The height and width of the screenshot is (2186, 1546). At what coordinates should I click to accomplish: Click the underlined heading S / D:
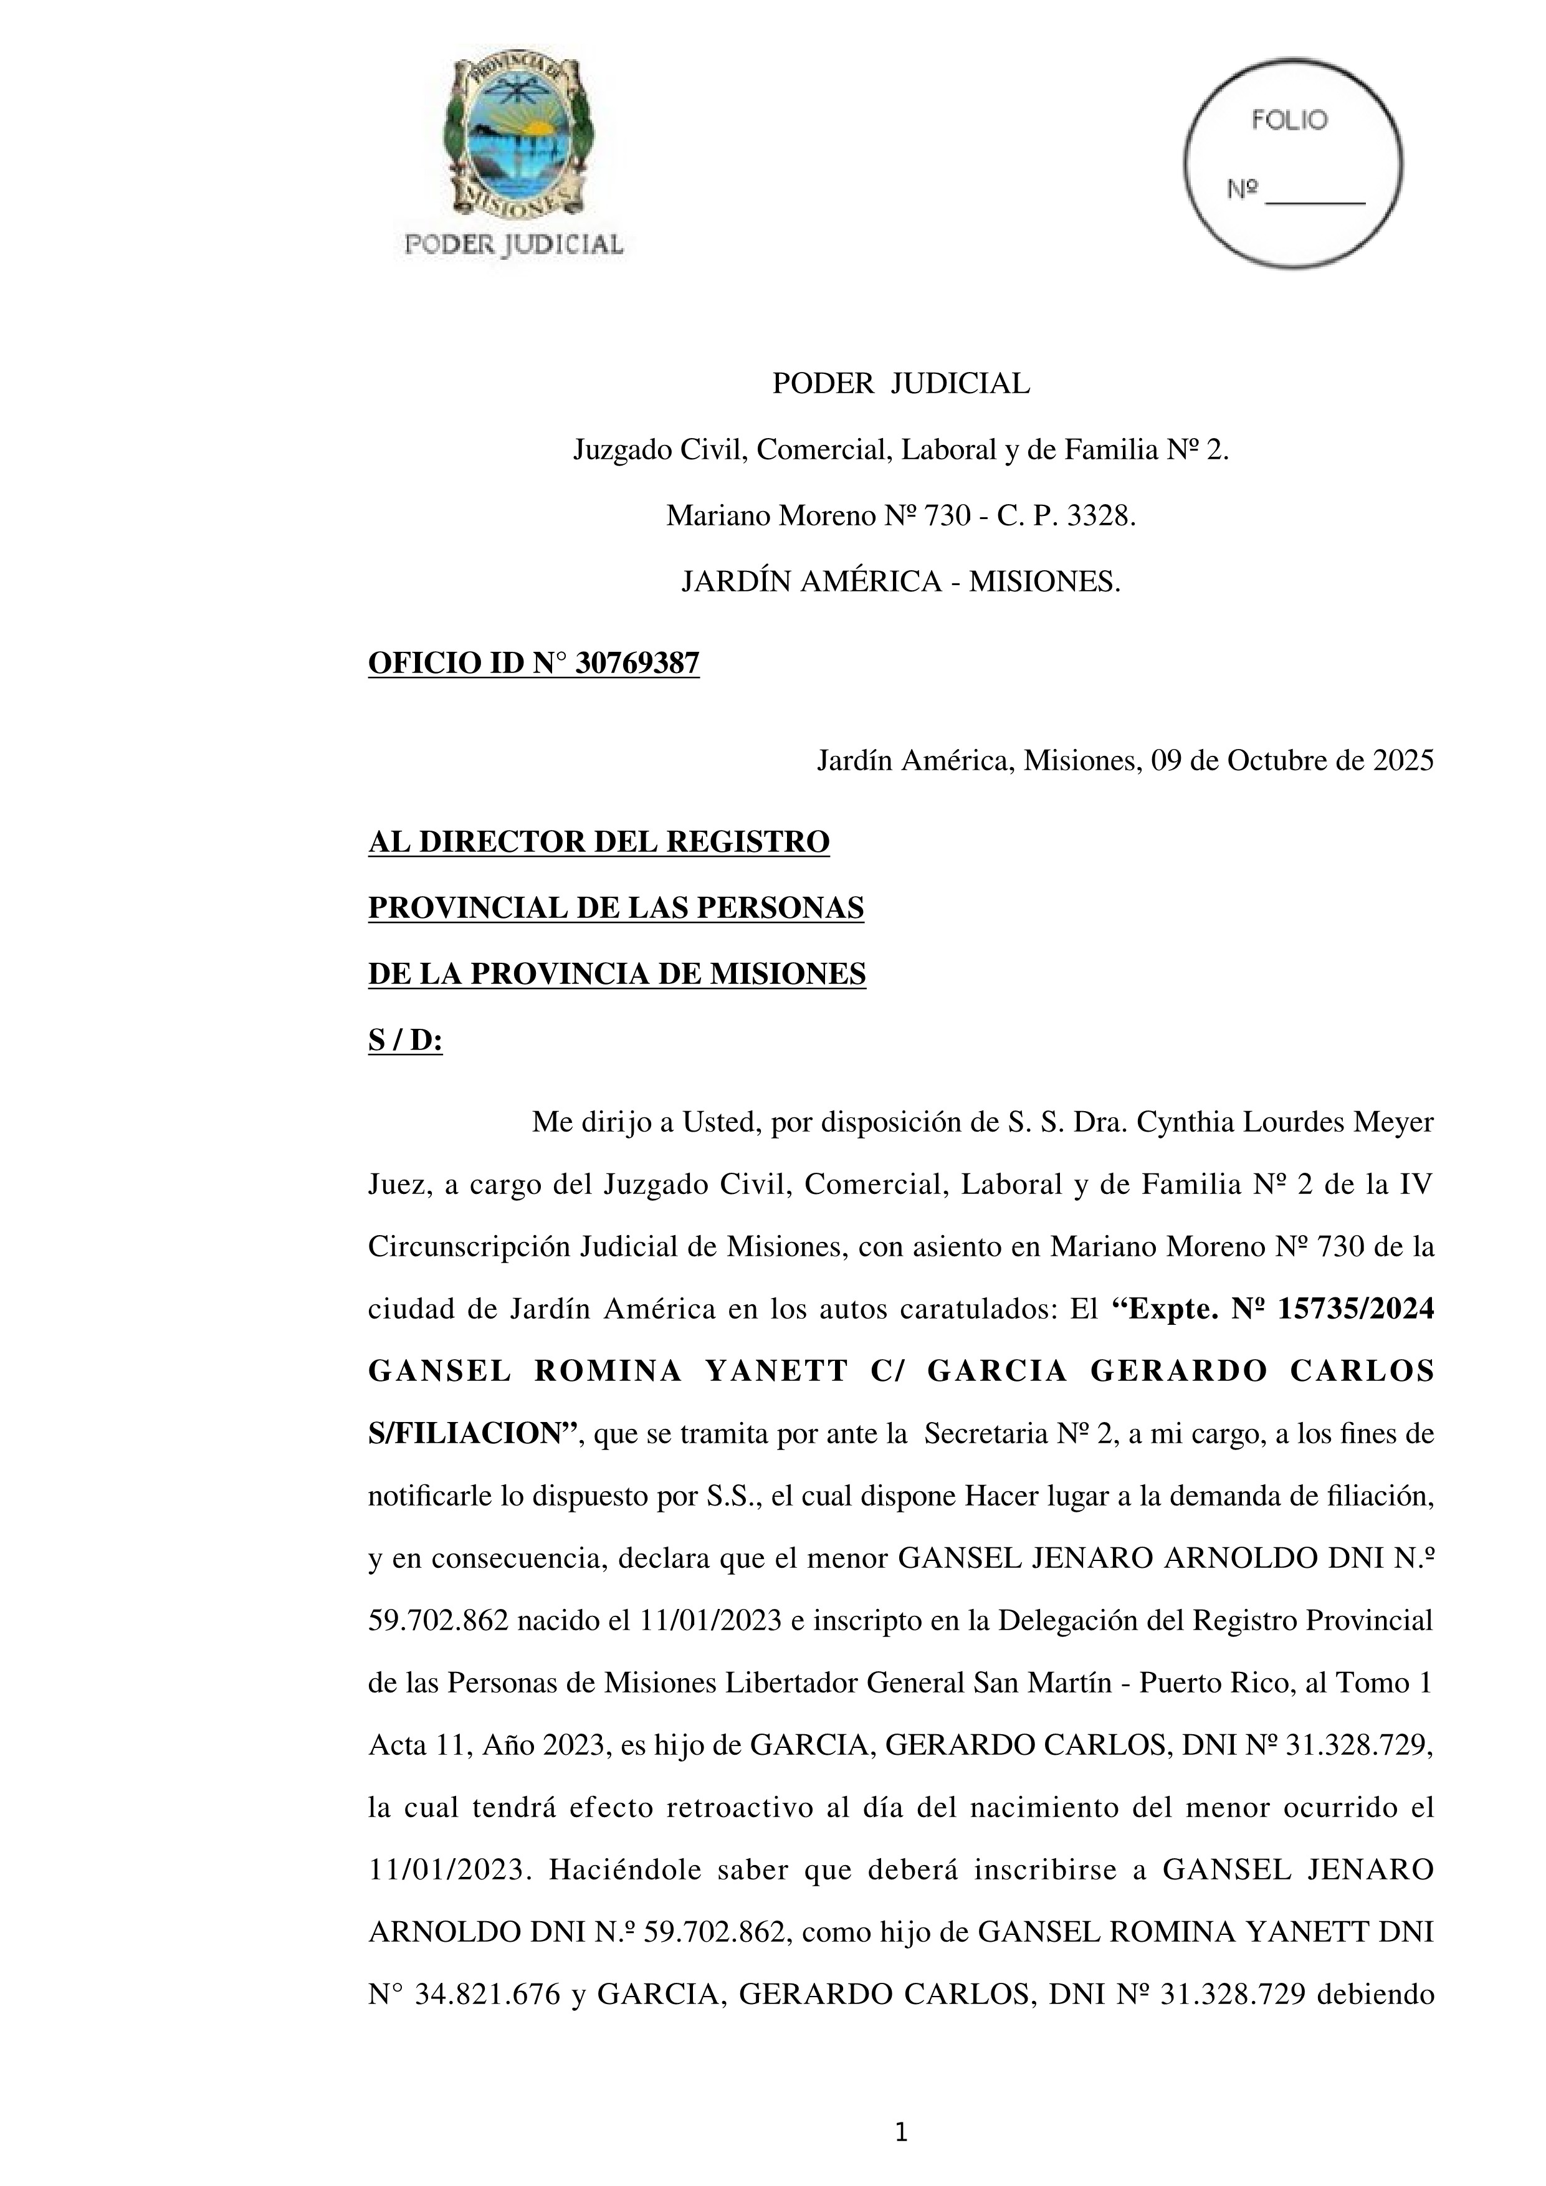point(406,1041)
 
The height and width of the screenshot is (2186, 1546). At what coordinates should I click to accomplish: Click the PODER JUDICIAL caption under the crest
point(514,245)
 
